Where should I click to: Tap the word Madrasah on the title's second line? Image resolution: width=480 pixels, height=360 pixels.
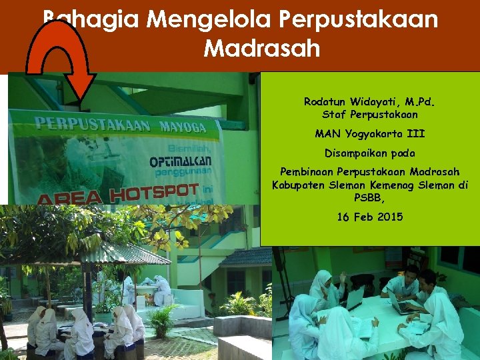click(261, 48)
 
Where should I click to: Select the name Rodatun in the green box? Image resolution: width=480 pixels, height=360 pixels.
click(325, 102)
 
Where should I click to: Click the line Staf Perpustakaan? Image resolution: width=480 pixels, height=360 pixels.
click(369, 115)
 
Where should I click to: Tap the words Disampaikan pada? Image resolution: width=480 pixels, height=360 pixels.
click(369, 153)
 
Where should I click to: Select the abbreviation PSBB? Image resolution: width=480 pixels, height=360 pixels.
click(369, 197)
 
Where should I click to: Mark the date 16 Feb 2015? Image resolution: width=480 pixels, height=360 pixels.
click(369, 217)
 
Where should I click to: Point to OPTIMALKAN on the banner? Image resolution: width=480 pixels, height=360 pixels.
click(181, 162)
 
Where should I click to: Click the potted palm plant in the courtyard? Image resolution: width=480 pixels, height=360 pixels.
click(162, 320)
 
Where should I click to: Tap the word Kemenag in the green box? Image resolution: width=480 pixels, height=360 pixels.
click(401, 185)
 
